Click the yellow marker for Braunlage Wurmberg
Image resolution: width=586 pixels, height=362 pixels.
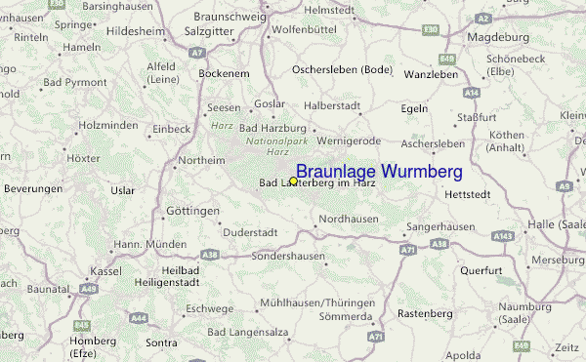pyautogui.click(x=293, y=181)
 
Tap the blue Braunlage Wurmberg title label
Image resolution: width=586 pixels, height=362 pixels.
pyautogui.click(x=379, y=172)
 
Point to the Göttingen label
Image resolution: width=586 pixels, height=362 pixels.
pyautogui.click(x=192, y=211)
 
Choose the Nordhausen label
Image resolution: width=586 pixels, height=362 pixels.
pyautogui.click(x=349, y=219)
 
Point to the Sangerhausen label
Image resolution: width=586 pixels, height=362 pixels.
pyautogui.click(x=440, y=226)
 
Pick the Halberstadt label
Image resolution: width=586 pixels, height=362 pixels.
pyautogui.click(x=332, y=104)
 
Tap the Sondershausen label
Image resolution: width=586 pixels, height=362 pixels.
pyautogui.click(x=288, y=256)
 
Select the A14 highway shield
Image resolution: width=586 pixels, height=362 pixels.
pyautogui.click(x=472, y=92)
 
